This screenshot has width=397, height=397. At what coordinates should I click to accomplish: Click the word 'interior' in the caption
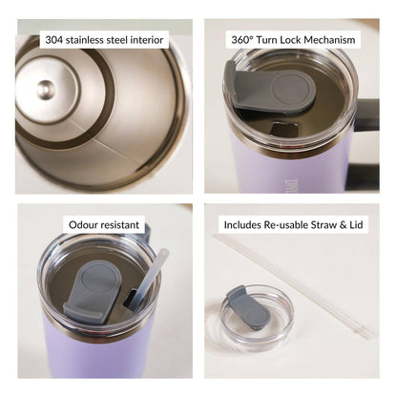click(x=148, y=40)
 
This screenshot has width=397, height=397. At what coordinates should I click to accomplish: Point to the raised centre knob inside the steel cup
click(x=46, y=90)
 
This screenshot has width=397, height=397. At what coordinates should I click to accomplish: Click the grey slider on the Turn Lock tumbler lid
click(x=270, y=88)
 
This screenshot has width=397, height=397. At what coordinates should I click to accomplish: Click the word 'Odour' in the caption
click(x=83, y=225)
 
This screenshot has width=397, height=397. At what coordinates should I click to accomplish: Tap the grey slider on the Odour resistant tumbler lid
click(x=93, y=291)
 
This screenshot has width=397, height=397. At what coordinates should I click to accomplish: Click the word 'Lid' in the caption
click(x=356, y=225)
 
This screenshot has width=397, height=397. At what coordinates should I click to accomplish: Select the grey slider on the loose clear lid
click(x=248, y=307)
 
